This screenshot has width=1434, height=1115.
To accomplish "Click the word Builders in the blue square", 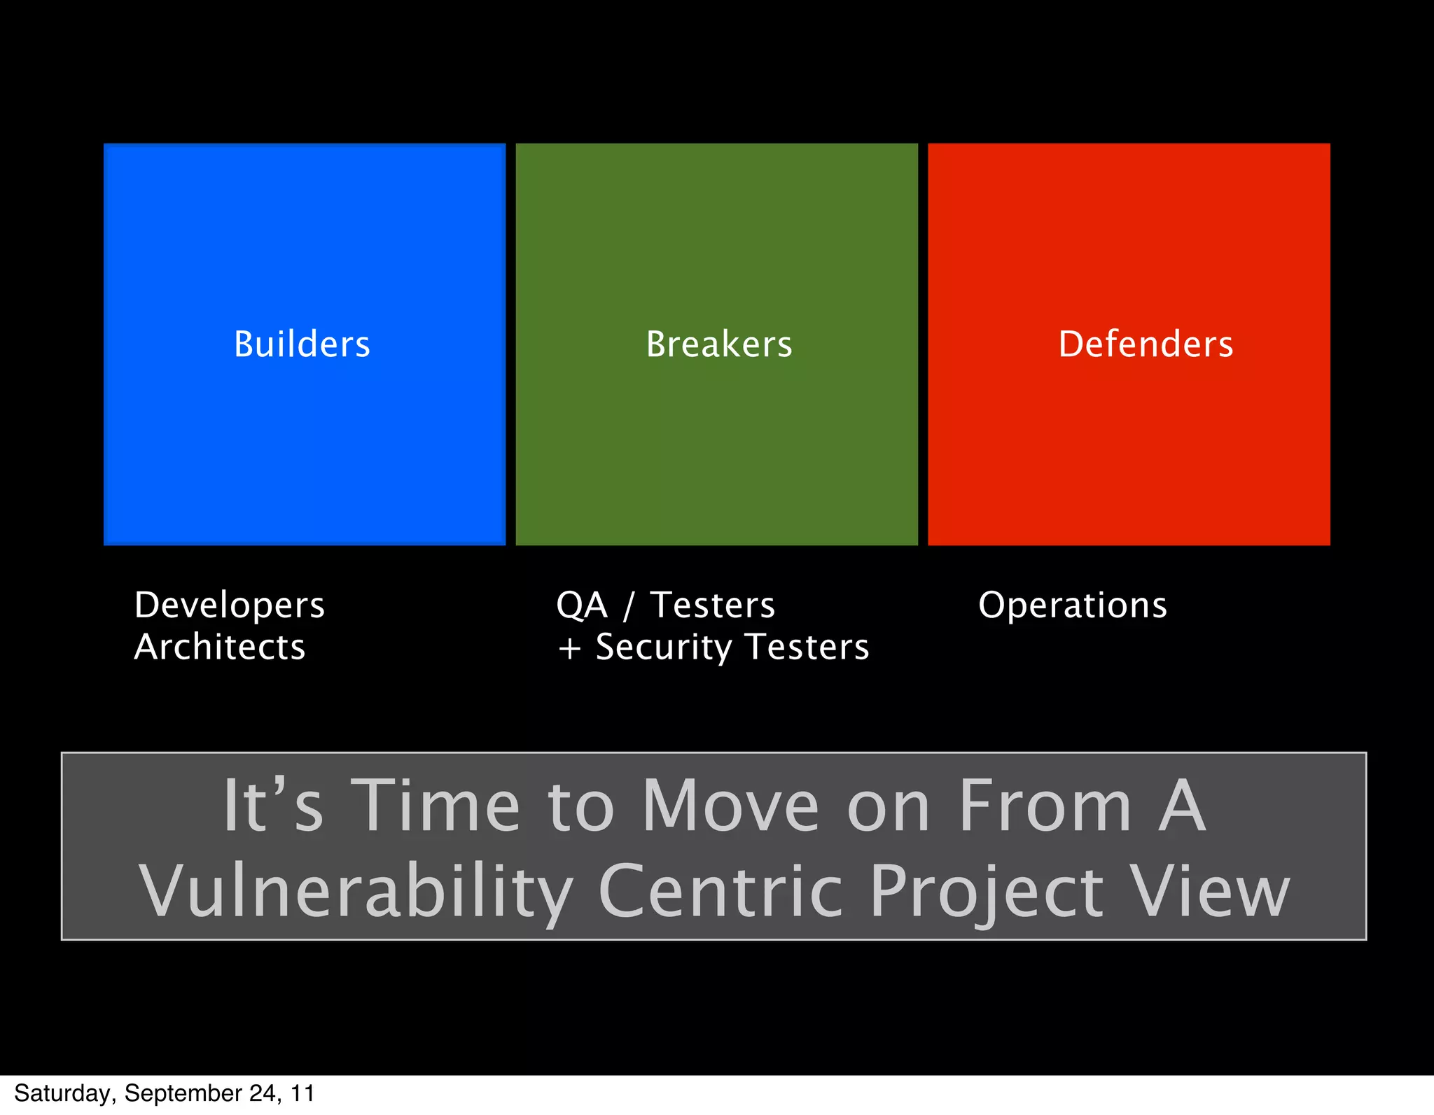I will [x=302, y=344].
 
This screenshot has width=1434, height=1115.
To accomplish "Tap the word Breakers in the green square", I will [x=718, y=344].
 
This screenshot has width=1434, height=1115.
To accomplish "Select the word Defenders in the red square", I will [x=1146, y=344].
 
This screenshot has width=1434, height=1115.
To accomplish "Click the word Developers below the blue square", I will [x=230, y=605].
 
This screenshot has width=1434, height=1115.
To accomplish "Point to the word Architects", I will [x=220, y=647].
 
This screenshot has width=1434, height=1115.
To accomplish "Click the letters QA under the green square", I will [x=581, y=605].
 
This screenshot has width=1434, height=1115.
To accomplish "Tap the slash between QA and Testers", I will [x=628, y=606].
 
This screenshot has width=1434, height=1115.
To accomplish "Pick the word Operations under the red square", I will [x=1073, y=605].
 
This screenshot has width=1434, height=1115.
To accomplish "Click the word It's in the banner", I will [x=273, y=806].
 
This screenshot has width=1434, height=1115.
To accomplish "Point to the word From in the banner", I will [x=1045, y=806].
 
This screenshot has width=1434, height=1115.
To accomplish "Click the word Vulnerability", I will [x=356, y=892].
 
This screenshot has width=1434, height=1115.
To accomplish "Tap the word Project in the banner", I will [x=987, y=892].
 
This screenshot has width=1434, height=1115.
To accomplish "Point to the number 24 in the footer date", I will [x=263, y=1093].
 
